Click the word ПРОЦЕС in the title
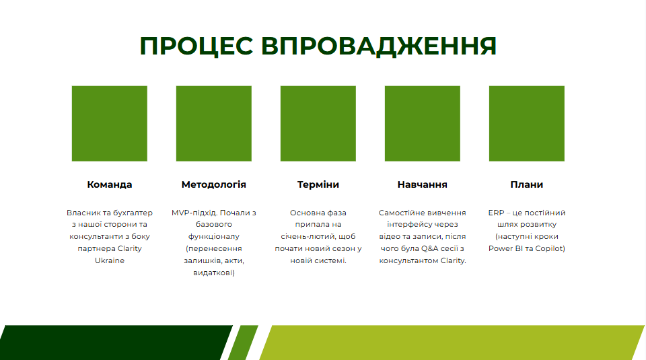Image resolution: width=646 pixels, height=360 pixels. pos(195,46)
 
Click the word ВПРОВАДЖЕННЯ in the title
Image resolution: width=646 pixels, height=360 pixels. pos(379,46)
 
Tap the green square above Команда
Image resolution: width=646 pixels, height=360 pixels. pos(110,124)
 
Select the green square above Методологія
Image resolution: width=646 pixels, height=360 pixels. pos(214,124)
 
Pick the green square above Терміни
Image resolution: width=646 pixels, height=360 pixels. pos(318,124)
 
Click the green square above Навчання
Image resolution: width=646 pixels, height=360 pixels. pos(423,124)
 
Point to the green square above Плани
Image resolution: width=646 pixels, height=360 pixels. pos(527,124)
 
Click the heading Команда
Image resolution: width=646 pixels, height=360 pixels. pos(110,184)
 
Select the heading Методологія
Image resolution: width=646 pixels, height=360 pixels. pos(214,184)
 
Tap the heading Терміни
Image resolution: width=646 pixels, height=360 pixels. pos(318,184)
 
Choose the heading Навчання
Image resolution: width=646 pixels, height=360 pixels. pos(423,184)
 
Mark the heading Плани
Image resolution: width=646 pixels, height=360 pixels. pos(527,184)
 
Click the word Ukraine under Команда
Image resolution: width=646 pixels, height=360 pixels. pos(110,260)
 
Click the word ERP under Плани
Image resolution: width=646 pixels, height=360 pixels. pos(496,213)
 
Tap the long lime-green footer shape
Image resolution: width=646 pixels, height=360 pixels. pos(451,343)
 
